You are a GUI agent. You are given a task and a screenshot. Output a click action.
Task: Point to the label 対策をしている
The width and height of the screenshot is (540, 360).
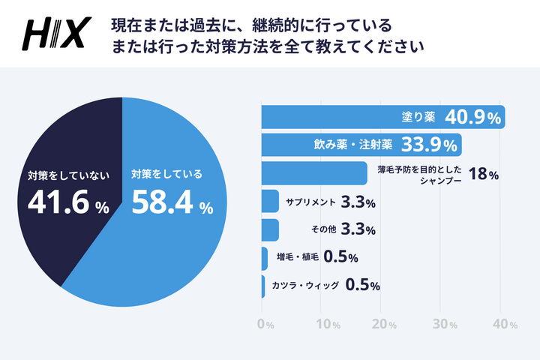click(166, 175)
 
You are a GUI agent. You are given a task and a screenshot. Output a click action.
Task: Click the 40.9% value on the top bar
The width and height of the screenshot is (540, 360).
click(472, 117)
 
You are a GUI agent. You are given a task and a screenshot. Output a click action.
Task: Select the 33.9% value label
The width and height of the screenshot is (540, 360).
click(430, 145)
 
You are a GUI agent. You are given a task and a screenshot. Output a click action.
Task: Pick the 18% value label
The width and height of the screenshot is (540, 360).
click(483, 175)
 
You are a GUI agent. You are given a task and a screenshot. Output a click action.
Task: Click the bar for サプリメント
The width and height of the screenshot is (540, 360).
click(270, 201)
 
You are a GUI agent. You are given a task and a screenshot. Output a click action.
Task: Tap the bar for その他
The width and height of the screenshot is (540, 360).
click(270, 229)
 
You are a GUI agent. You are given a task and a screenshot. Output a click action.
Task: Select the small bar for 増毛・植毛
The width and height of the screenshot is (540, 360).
click(264, 258)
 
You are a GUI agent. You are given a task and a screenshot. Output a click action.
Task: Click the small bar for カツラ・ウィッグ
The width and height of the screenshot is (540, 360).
click(262, 286)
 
